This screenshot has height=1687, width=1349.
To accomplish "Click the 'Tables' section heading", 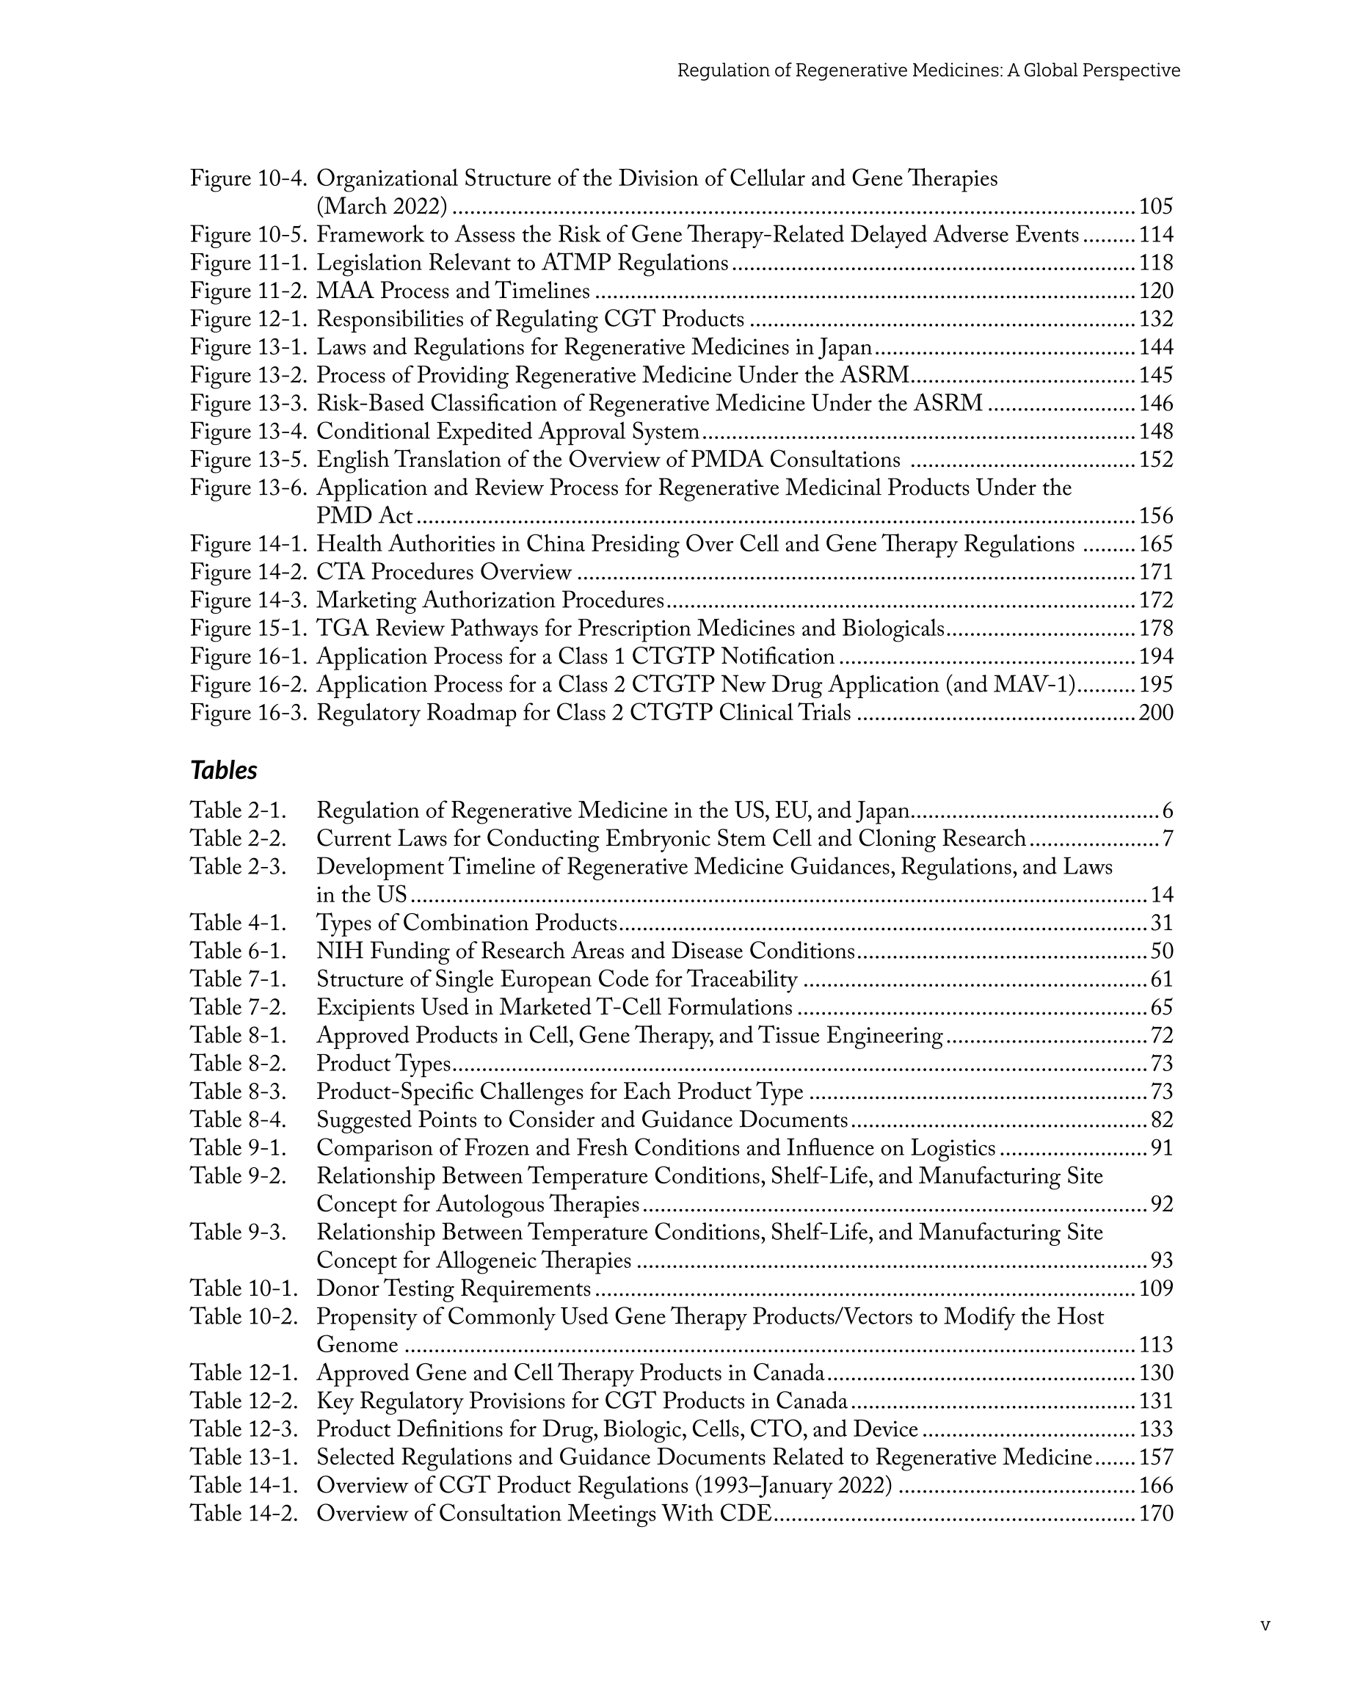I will click(224, 771).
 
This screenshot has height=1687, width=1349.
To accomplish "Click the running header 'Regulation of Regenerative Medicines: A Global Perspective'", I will click(928, 70).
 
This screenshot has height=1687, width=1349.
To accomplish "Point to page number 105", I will click(1156, 207).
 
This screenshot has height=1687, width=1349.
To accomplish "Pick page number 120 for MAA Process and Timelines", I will click(1156, 292).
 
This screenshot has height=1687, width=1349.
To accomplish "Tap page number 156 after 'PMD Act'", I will click(1156, 516).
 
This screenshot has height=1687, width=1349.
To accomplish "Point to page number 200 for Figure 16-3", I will click(1156, 714).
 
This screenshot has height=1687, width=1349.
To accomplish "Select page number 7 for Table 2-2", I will click(1168, 840).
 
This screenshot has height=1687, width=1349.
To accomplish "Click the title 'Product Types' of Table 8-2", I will click(383, 1065).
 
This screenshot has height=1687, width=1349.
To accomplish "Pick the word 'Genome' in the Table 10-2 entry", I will click(357, 1346).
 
